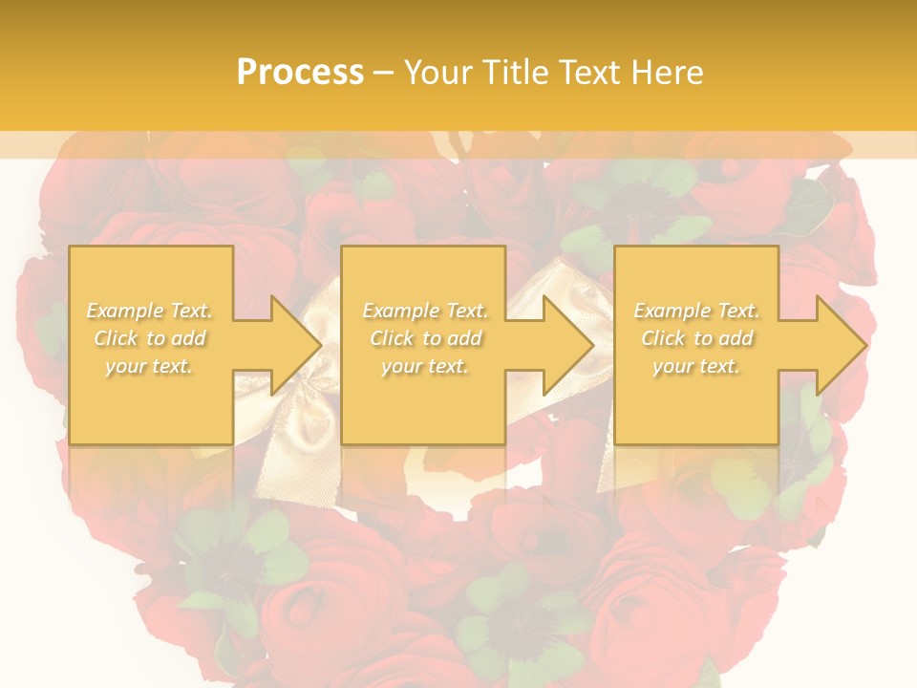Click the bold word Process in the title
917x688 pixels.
tap(300, 72)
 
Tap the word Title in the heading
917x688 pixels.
tap(515, 72)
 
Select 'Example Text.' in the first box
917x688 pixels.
tap(150, 311)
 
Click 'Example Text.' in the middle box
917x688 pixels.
tap(425, 311)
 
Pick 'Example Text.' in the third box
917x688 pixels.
tap(696, 311)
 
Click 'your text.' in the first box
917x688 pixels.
tap(150, 366)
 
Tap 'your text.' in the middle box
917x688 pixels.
tap(425, 366)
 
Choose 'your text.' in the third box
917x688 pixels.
tap(696, 366)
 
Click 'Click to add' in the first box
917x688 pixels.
tap(150, 338)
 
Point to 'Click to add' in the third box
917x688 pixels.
tap(696, 338)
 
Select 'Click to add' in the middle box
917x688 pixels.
tap(425, 338)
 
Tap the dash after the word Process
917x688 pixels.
tap(383, 73)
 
